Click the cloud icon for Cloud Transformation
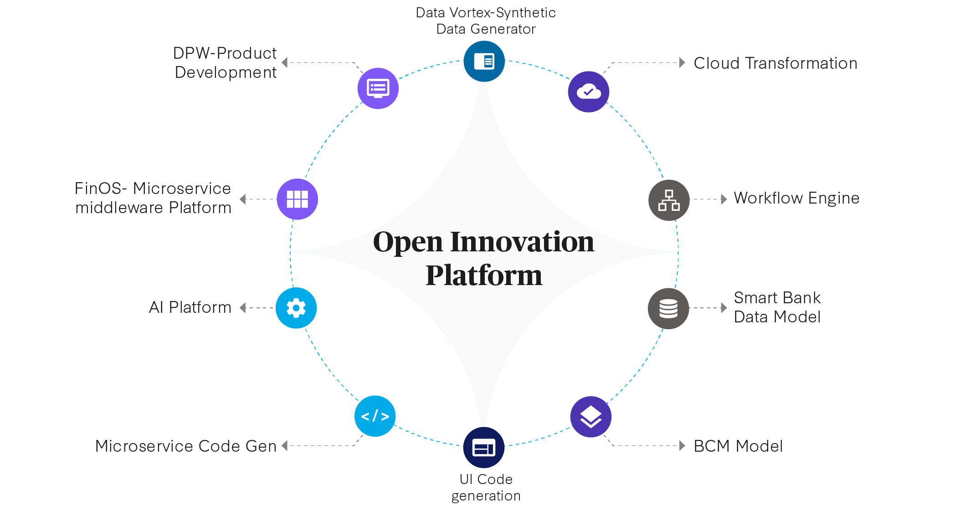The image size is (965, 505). point(589,92)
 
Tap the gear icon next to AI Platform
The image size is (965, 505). point(296,308)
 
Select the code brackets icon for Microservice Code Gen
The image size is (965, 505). point(375,416)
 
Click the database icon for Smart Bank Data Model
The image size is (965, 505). point(668,308)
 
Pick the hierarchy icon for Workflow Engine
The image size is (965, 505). point(669,200)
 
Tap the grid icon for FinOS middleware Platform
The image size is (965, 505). point(297,199)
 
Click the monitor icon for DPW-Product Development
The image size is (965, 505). point(378,88)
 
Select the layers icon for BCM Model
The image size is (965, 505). point(591,417)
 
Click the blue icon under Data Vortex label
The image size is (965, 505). point(484,61)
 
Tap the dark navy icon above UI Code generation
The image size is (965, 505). point(484,448)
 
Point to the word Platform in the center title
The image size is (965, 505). point(484,275)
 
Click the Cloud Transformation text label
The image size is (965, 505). point(775,63)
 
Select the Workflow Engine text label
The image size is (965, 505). point(796,198)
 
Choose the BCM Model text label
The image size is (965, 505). point(738,446)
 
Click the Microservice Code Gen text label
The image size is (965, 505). point(185,446)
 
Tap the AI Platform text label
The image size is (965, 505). point(190,307)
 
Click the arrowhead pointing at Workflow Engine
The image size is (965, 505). point(724,199)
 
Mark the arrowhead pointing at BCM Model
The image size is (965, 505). point(682,446)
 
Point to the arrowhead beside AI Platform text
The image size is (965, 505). point(243,308)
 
